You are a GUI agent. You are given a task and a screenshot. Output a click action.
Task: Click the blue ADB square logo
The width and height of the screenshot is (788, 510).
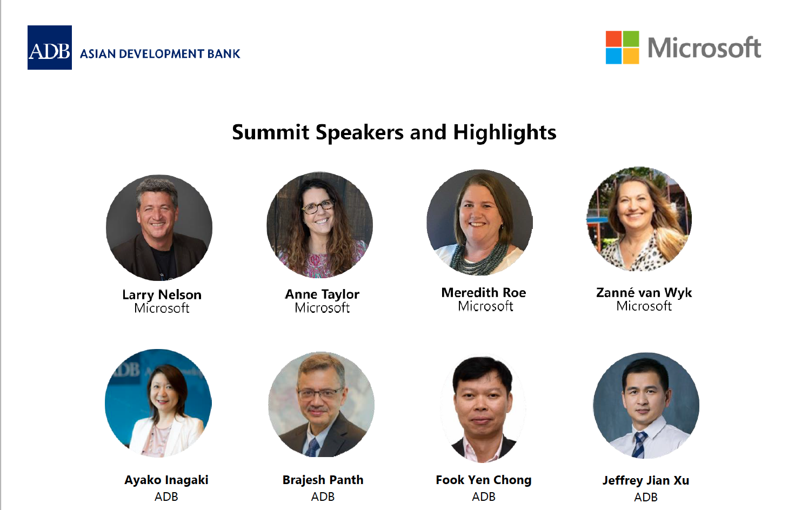[50, 48]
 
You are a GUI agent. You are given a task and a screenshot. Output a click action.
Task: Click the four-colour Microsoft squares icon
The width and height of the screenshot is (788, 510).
[622, 48]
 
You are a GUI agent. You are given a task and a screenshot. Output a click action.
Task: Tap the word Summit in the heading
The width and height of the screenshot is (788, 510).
[271, 132]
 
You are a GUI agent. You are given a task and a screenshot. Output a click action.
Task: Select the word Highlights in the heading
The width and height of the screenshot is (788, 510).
[505, 133]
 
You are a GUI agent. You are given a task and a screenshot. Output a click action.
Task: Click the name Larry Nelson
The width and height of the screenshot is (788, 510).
[162, 295]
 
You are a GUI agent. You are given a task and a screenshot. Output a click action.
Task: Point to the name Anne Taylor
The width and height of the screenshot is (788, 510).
[322, 294]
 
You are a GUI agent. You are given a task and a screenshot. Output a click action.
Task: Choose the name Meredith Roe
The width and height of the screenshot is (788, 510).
[484, 293]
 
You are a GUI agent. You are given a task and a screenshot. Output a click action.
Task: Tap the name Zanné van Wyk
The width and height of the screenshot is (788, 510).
[644, 293]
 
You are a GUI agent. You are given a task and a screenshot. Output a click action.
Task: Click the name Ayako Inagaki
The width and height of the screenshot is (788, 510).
[166, 480]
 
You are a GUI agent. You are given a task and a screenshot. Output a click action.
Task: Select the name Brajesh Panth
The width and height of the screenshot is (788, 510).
[323, 480]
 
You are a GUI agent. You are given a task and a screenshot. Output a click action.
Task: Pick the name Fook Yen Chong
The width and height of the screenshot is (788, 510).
[484, 480]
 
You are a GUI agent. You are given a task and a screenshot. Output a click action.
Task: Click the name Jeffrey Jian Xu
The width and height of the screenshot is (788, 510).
[646, 481]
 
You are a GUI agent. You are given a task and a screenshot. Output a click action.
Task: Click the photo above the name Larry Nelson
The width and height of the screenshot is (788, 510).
[159, 227]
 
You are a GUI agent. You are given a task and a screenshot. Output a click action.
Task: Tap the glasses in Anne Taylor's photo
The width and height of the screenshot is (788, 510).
[318, 207]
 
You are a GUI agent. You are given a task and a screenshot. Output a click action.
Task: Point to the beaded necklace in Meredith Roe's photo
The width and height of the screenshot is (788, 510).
[478, 259]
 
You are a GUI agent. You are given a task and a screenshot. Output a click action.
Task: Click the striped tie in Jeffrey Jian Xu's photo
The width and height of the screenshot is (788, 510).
[639, 444]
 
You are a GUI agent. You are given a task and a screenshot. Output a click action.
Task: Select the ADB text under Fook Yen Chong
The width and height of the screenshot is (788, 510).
[484, 496]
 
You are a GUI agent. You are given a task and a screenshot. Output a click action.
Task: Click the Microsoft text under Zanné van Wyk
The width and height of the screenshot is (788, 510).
[644, 306]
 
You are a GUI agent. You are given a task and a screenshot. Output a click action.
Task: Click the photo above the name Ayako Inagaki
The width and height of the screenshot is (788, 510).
[158, 403]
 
